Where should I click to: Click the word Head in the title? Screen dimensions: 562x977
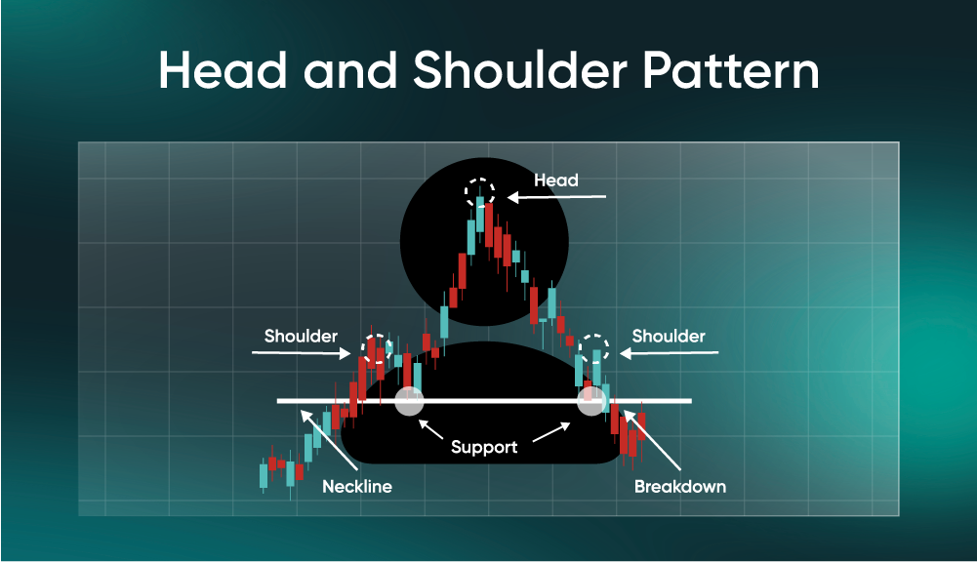coord(226,72)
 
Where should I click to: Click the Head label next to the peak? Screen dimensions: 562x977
coord(556,181)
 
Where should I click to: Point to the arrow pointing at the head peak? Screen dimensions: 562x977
coord(556,197)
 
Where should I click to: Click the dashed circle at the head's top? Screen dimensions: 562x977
coord(479,190)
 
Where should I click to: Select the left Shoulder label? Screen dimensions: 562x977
coord(301,337)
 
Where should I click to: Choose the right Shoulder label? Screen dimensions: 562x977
coord(669,337)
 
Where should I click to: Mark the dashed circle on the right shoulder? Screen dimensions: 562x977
coord(593,348)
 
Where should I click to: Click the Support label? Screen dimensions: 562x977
coord(484,448)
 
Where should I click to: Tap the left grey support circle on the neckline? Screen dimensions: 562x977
coord(408,401)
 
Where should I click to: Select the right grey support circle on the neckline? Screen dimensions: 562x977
coord(591,401)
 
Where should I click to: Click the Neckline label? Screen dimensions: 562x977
coord(357,486)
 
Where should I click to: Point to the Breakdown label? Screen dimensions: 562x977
coord(680,486)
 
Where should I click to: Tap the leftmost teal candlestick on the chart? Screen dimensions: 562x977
coord(264,476)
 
